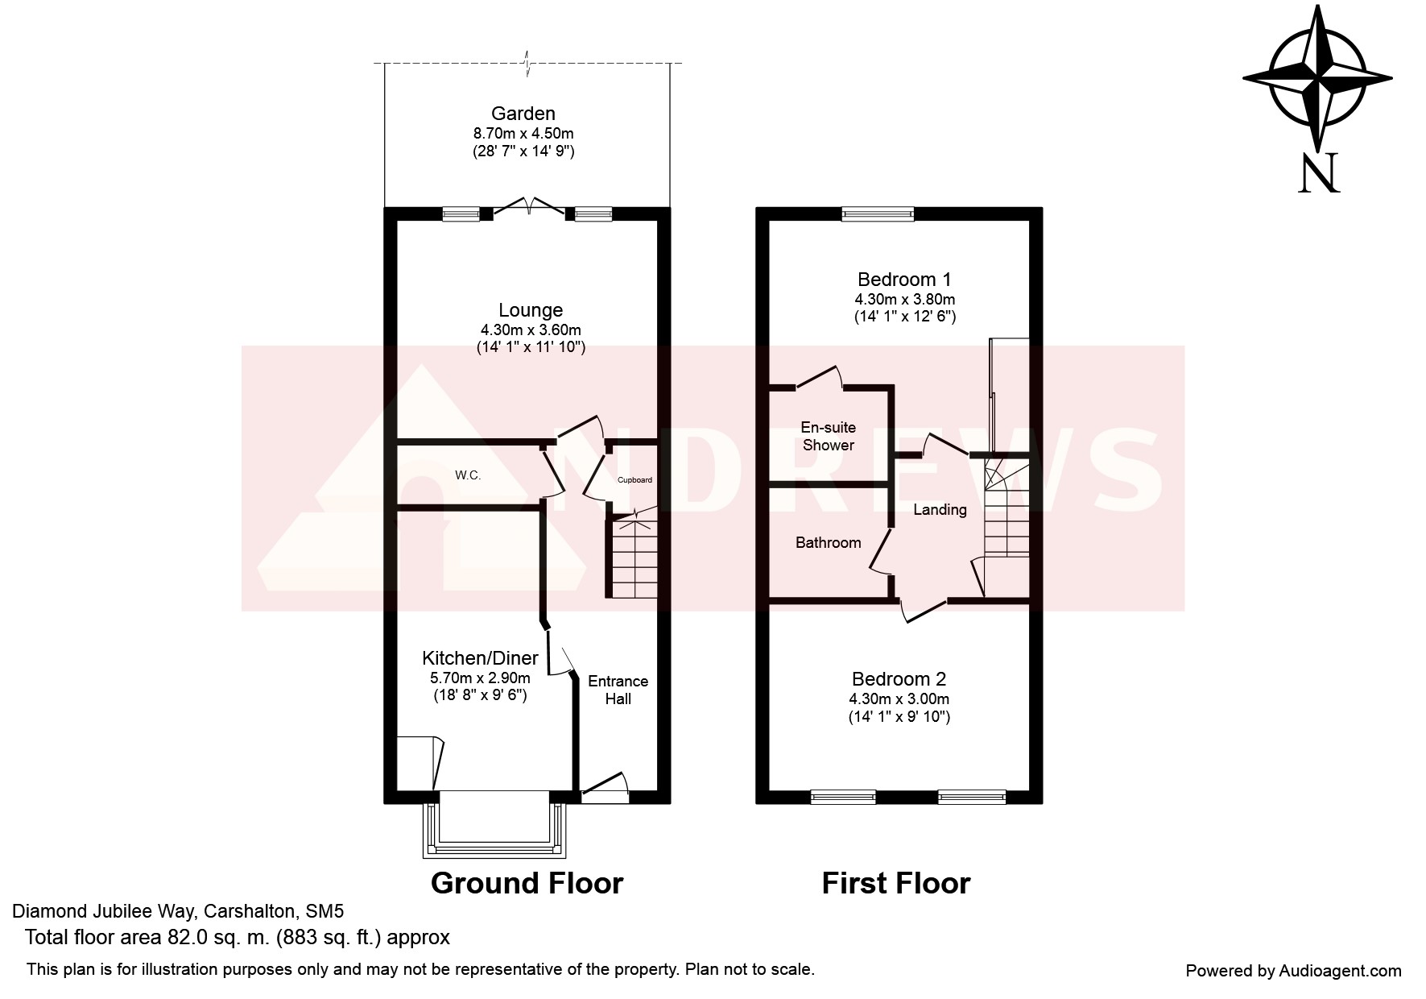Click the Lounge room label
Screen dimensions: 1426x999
[x=531, y=310]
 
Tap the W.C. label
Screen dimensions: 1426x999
[x=468, y=475]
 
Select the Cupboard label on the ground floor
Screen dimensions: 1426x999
[x=634, y=480]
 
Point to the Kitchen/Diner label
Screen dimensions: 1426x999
[x=480, y=658]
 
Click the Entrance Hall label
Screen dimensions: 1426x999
[x=618, y=690]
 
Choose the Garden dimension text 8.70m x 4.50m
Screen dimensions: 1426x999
[x=523, y=134]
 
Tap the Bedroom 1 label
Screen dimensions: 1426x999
[x=904, y=280]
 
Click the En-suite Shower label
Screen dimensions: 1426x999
[x=829, y=436]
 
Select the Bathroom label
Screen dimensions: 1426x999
[x=829, y=543]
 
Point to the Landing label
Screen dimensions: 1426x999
[x=940, y=510]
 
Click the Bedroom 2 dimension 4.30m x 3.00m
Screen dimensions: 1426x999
[x=899, y=699]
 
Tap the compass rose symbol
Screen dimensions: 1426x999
[x=1317, y=79]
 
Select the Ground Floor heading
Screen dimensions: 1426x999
[x=527, y=883]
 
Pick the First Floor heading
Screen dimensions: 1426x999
[x=896, y=883]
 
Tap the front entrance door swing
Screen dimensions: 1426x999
[x=605, y=787]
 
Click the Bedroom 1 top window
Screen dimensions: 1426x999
[x=878, y=213]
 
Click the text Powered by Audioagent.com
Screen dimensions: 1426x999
[x=1293, y=971]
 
